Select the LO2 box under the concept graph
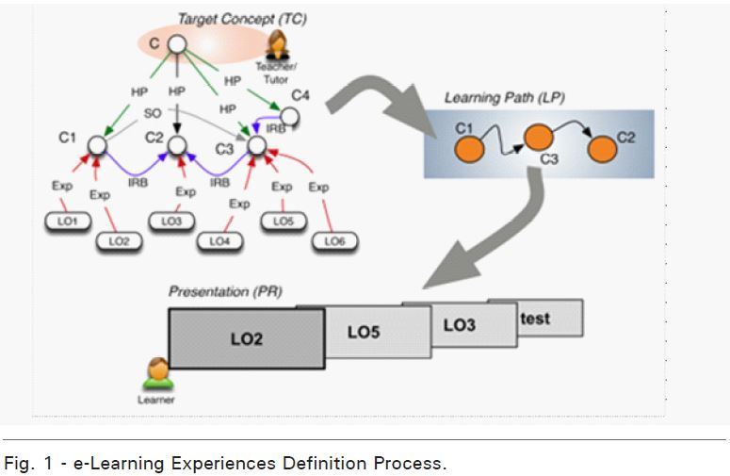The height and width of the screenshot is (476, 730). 117,241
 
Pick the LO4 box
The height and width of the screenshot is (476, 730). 219,241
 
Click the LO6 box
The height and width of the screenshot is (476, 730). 335,241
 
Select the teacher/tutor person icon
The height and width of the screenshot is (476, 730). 278,44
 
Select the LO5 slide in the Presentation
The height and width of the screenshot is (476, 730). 364,333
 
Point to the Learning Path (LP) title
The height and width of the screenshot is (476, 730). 504,97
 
